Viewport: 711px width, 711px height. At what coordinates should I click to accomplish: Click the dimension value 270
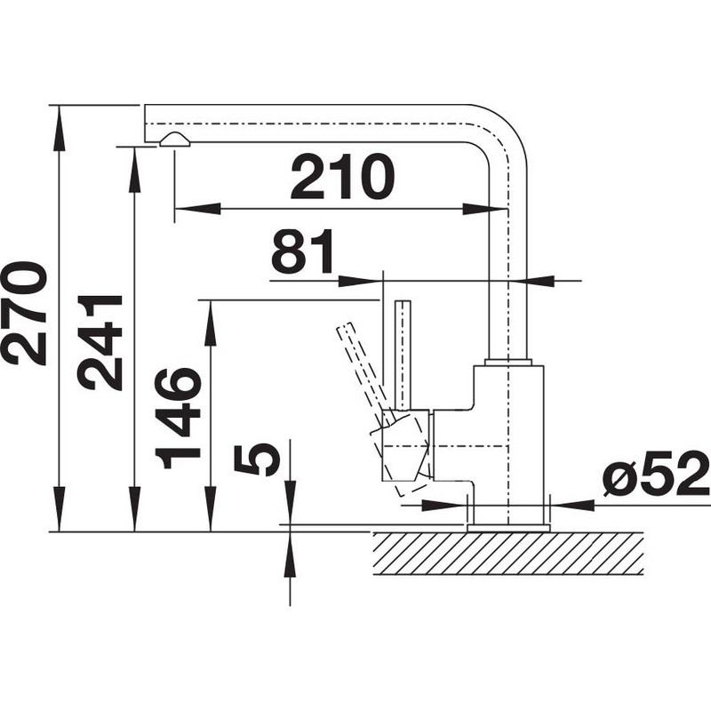point(24,314)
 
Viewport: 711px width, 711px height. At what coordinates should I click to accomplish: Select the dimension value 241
point(100,343)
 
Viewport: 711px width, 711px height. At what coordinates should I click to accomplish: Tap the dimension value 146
point(178,419)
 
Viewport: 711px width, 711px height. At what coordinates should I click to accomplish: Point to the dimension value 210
point(342,177)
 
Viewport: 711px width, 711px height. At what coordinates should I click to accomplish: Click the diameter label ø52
point(656,475)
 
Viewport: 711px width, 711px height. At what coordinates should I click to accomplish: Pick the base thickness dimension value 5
point(256,459)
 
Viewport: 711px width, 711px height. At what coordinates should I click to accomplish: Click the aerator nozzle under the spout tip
point(174,140)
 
